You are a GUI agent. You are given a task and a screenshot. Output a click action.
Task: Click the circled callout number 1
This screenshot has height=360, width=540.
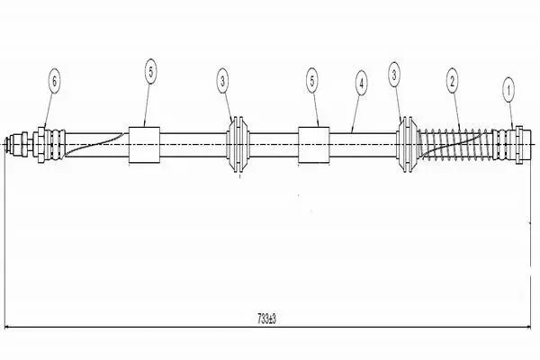tap(508, 91)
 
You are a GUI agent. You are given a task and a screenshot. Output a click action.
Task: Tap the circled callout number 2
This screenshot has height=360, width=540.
tap(452, 81)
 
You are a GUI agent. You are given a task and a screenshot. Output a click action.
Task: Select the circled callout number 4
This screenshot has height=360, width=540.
tap(361, 83)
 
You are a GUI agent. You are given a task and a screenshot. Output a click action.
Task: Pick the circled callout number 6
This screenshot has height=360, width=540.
tap(54, 81)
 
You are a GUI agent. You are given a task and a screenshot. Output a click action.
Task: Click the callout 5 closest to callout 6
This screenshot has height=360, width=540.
tap(150, 72)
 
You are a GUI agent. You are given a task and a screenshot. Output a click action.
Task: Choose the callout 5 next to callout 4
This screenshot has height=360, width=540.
tap(312, 81)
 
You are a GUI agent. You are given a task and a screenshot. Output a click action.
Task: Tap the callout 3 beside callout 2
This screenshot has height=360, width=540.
tap(394, 75)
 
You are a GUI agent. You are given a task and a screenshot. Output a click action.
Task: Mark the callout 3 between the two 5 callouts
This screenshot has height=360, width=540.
tap(223, 81)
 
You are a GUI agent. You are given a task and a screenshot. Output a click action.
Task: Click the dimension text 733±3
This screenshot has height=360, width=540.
tap(266, 319)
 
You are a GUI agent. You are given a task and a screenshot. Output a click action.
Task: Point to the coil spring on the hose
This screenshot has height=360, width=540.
tap(454, 144)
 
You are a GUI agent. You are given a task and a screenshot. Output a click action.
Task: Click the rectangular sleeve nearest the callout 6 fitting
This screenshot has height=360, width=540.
tap(144, 145)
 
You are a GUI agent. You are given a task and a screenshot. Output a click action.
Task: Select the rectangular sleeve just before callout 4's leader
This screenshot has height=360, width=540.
tap(313, 145)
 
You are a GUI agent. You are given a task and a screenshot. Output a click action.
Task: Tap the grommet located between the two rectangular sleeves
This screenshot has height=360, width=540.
tap(238, 144)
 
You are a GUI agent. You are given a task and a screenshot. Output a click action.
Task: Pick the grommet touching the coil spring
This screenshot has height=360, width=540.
tap(408, 144)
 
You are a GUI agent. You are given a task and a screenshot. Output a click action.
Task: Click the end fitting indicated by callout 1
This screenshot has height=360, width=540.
tap(512, 144)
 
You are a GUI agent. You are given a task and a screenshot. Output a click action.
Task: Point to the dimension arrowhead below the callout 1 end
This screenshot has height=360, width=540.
tap(526, 327)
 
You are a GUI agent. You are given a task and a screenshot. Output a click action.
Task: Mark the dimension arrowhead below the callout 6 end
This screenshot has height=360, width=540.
tap(8, 327)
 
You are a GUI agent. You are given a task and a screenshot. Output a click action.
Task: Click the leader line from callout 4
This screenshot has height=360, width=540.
tap(355, 114)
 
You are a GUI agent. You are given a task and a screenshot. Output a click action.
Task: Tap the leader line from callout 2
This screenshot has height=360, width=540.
tap(456, 112)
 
